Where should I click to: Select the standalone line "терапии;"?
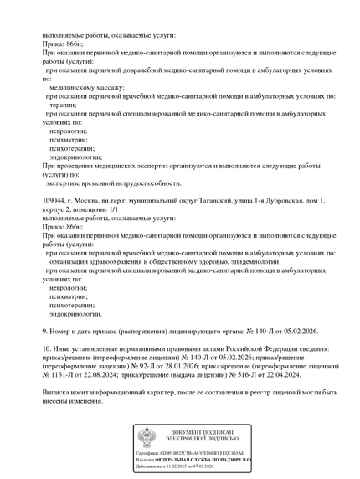pos(64,105)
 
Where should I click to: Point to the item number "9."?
pos(45,331)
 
